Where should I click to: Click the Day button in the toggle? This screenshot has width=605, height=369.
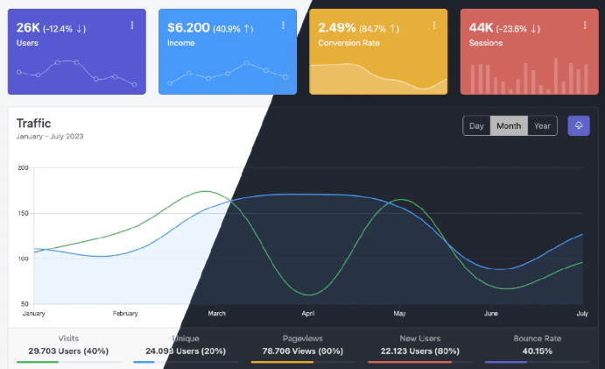coord(476,126)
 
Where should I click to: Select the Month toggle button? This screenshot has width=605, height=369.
coord(509,126)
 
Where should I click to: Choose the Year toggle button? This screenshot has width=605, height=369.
coord(543,126)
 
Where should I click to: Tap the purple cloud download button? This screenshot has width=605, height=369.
coord(579,125)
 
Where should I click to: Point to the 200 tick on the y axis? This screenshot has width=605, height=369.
coord(24,167)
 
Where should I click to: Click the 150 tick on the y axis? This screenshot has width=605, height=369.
coord(24,213)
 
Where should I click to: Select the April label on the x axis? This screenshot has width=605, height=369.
coord(308,313)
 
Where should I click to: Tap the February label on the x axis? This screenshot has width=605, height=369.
coord(125,313)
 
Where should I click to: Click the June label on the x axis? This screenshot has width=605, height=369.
coord(491,313)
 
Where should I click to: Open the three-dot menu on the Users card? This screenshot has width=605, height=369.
coord(132,25)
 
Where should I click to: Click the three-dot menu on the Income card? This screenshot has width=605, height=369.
coord(283,25)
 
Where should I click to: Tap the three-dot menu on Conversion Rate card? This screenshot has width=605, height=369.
coord(433,25)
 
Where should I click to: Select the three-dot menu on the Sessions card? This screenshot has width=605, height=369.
coord(584,25)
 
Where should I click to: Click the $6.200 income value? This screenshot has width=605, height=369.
coord(188,27)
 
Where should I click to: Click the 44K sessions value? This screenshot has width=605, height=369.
coord(482,27)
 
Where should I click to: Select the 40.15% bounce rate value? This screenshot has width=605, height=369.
coord(536,351)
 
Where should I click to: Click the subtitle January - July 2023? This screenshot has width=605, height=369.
coord(50,136)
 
